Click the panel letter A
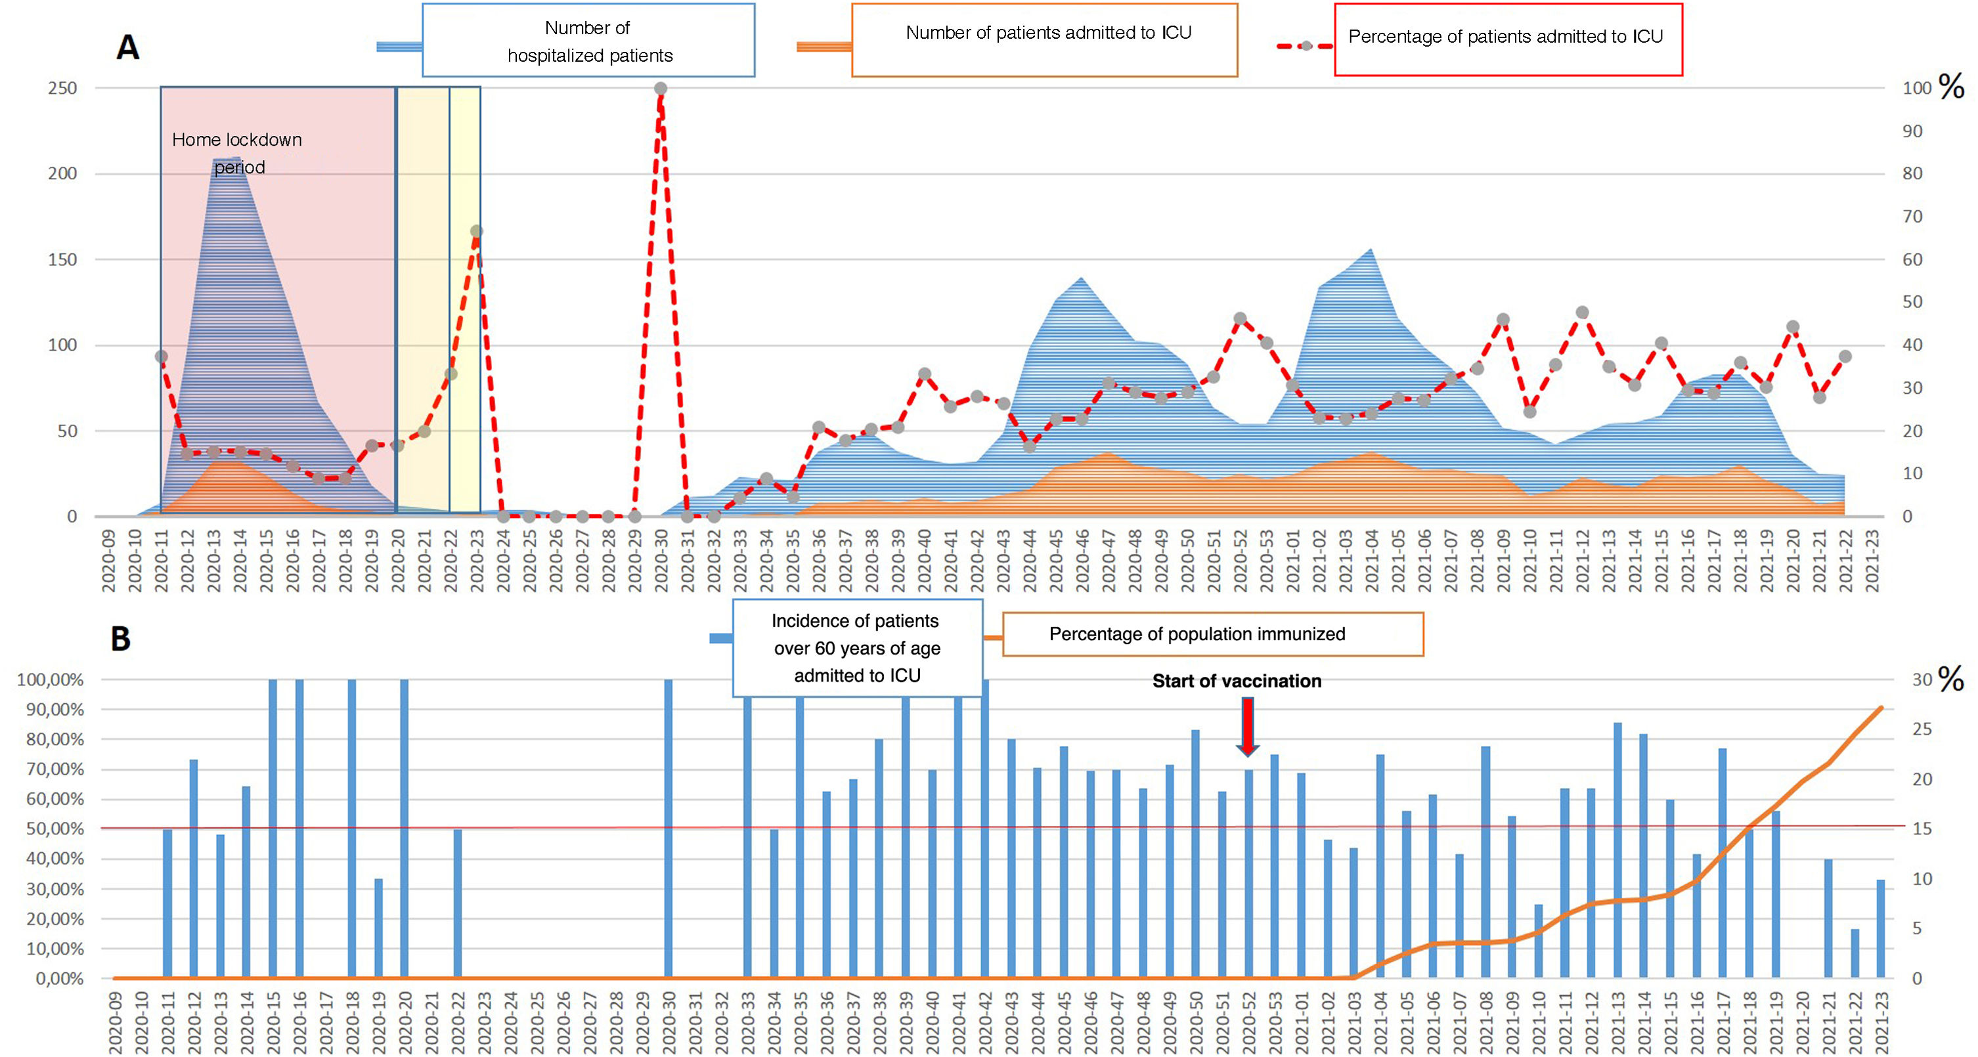tap(127, 47)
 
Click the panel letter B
tap(121, 639)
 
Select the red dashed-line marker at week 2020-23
tap(476, 231)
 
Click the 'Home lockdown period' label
tap(237, 153)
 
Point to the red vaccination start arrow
tap(1248, 726)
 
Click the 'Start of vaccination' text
tap(1236, 681)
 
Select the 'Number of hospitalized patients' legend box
tap(588, 41)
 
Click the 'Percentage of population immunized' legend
tap(1212, 634)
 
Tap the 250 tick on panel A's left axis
tap(62, 88)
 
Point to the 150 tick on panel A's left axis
tap(62, 259)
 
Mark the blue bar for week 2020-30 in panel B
tap(668, 829)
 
